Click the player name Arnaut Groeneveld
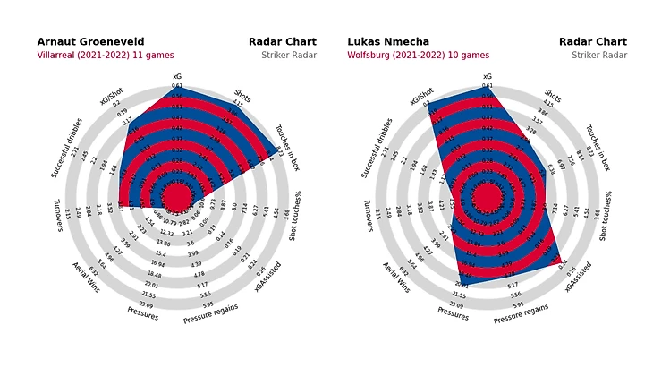tap(90, 42)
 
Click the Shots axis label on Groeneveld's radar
tap(242, 94)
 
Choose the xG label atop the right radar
tap(488, 77)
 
